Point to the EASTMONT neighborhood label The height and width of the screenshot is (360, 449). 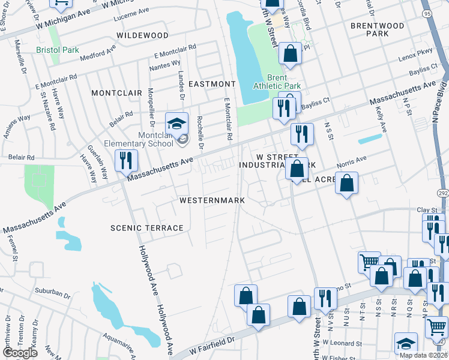point(212,84)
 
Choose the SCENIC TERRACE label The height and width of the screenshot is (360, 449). point(146,228)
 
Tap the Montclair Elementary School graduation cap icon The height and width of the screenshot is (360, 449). point(176,124)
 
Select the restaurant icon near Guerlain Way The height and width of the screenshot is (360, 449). point(126,160)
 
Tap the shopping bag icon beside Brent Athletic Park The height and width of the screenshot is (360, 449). point(291,54)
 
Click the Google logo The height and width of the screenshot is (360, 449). point(19,353)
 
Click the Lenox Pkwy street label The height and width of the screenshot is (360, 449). point(415,59)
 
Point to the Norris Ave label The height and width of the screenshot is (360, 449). point(353,160)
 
